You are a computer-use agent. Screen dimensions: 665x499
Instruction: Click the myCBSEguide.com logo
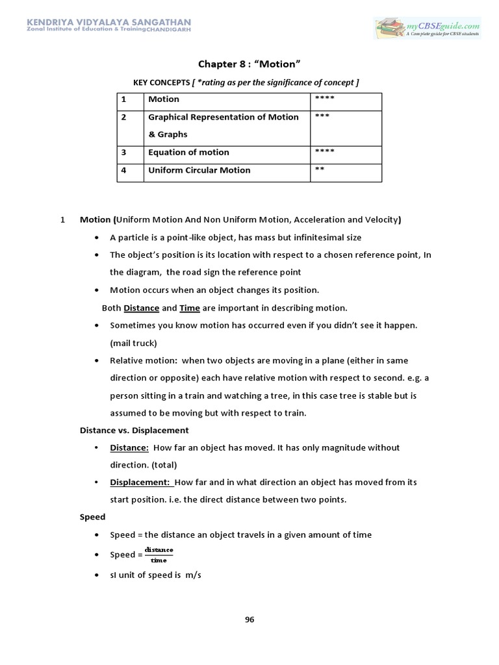pyautogui.click(x=427, y=28)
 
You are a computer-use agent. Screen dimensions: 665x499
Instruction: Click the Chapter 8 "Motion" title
pyautogui.click(x=249, y=64)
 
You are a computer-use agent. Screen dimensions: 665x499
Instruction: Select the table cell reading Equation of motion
pyautogui.click(x=188, y=153)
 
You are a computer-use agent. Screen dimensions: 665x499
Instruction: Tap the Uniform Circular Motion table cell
pyautogui.click(x=199, y=170)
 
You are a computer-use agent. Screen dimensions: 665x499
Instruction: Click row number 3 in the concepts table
pyautogui.click(x=123, y=153)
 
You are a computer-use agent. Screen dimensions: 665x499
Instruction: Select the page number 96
pyautogui.click(x=249, y=619)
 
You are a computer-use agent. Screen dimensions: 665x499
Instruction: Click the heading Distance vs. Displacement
pyautogui.click(x=134, y=430)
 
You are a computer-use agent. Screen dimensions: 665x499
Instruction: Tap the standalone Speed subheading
pyautogui.click(x=92, y=518)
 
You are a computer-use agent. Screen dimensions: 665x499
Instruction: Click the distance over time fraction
pyautogui.click(x=159, y=555)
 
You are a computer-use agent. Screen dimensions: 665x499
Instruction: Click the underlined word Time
pyautogui.click(x=189, y=308)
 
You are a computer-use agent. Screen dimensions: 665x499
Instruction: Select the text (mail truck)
pyautogui.click(x=133, y=343)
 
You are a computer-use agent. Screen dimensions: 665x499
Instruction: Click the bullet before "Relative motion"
pyautogui.click(x=97, y=360)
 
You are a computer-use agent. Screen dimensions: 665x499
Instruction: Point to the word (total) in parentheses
pyautogui.click(x=162, y=465)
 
